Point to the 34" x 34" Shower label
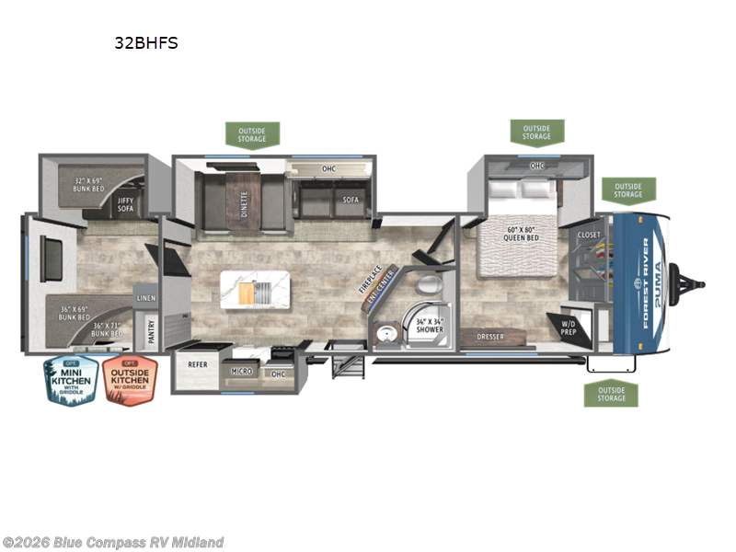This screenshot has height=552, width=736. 429,325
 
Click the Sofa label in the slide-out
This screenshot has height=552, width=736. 351,200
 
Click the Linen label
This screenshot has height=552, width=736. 145,299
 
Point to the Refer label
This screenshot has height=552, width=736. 197,364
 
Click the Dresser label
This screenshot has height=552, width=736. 490,337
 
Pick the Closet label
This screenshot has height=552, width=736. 589,236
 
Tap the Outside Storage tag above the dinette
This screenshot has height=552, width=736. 252,134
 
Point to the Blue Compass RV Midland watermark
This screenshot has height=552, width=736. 113,542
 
